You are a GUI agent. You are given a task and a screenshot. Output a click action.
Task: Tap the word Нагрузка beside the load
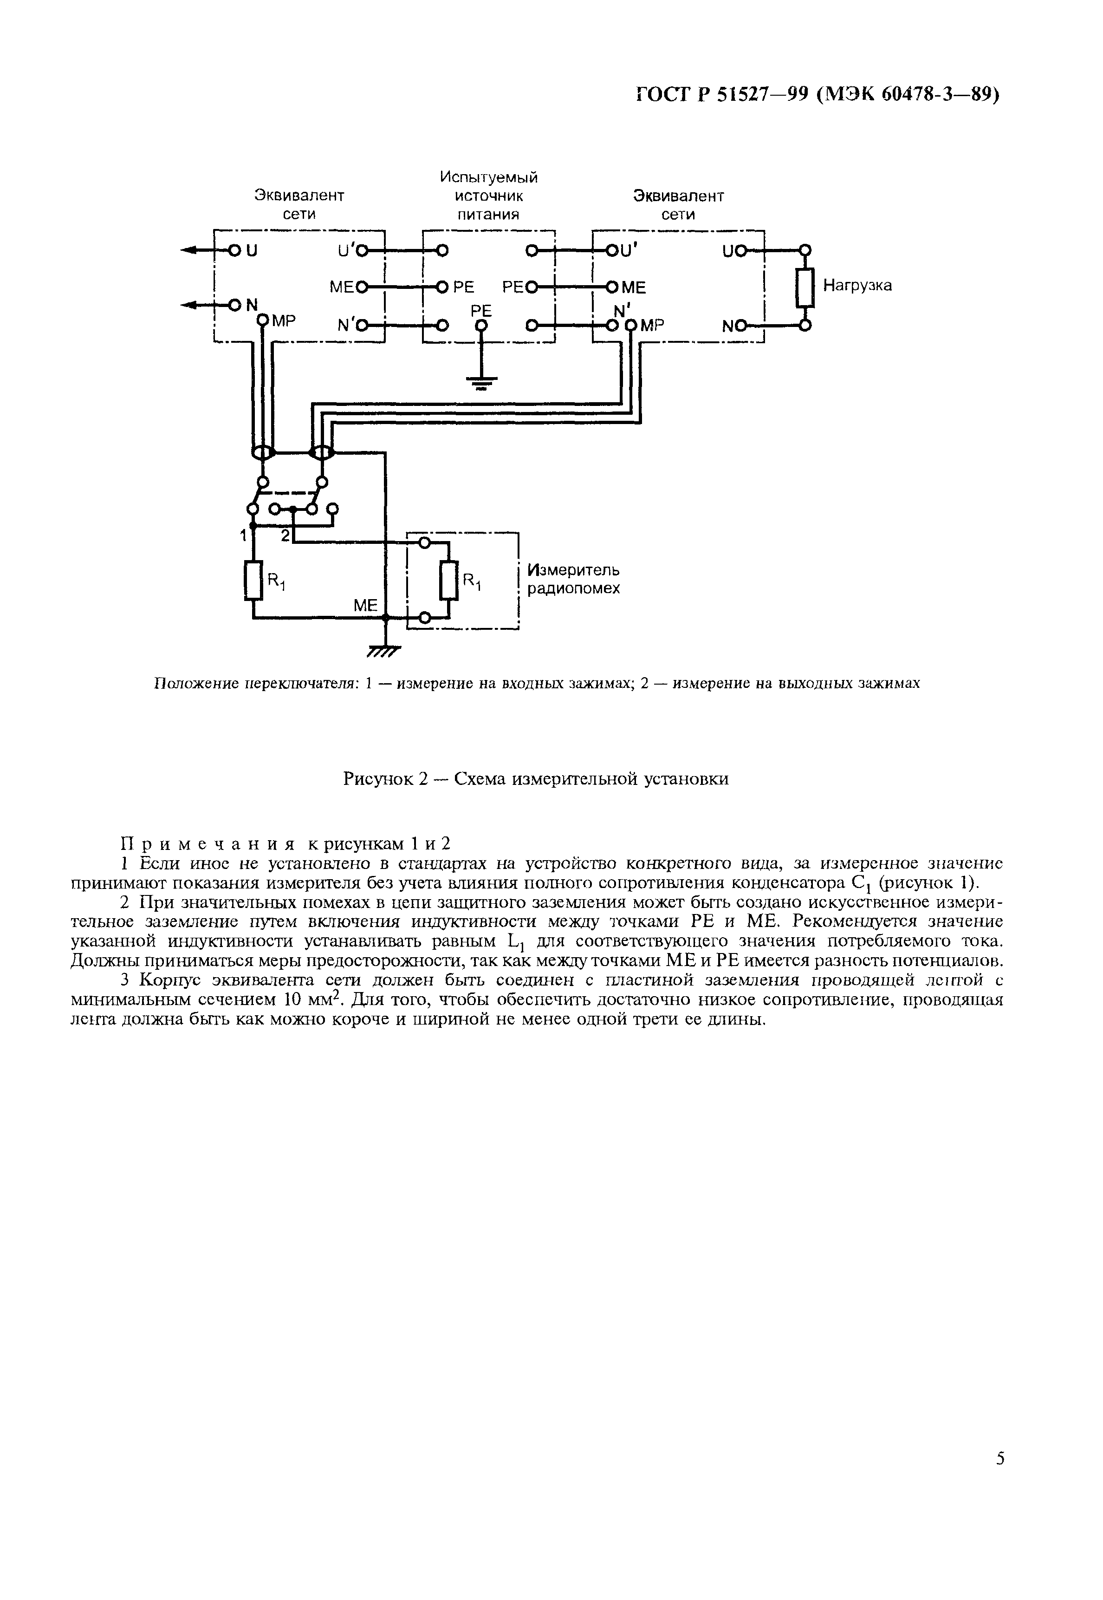857,286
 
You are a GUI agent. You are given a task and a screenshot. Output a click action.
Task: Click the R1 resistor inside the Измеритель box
448,581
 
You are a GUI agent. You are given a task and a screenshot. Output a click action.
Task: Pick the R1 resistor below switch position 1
253,581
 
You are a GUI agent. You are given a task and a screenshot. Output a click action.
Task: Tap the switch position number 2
285,535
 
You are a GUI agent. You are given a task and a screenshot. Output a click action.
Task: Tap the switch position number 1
243,535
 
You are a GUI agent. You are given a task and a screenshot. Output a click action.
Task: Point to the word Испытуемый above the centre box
489,178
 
